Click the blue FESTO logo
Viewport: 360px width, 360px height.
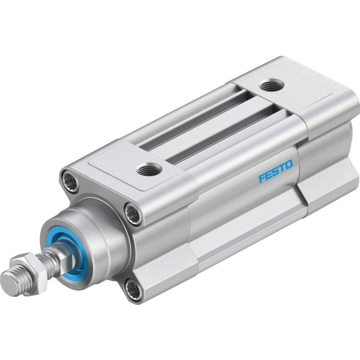(276, 171)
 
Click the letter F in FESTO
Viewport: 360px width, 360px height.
(262, 178)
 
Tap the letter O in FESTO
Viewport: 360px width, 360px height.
(289, 164)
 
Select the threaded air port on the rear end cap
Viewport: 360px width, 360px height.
(271, 85)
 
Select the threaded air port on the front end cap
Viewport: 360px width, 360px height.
(149, 169)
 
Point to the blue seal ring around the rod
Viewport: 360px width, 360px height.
(69, 253)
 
